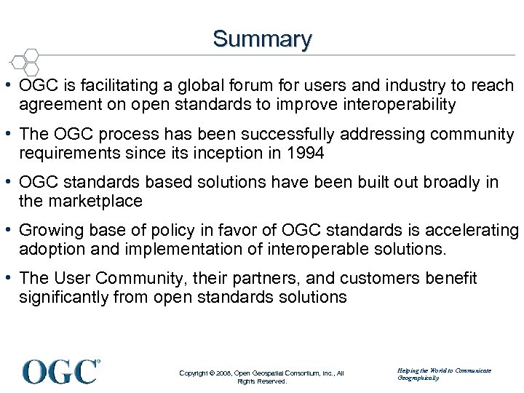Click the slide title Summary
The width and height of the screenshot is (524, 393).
click(262, 39)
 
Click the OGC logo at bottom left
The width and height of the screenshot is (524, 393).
click(60, 371)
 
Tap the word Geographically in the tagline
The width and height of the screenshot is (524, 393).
click(418, 378)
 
